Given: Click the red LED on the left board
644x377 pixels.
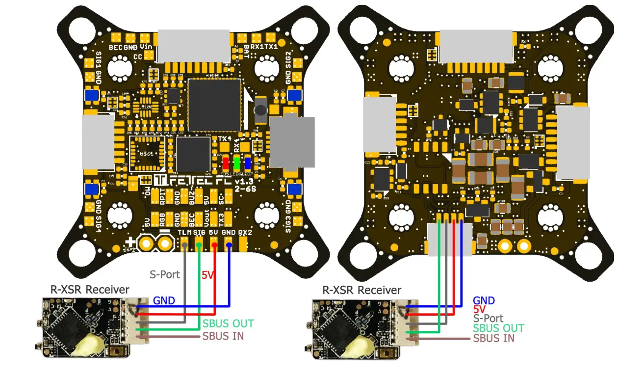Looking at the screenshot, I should click(x=225, y=163).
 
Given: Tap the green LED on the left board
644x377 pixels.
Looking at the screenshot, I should click(x=236, y=163).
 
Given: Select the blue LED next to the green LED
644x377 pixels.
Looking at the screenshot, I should click(x=248, y=163).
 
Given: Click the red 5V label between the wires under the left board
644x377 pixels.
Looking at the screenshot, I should click(x=208, y=275).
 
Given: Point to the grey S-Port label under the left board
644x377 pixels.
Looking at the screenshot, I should click(x=164, y=274).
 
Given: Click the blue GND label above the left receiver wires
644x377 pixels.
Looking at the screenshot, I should click(x=164, y=300).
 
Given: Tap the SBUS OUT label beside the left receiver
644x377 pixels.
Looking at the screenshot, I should click(x=228, y=323).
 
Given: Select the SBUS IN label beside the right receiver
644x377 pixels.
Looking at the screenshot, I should click(x=494, y=338).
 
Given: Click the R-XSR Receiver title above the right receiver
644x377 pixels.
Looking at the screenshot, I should click(x=361, y=290).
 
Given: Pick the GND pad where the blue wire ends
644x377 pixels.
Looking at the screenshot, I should click(x=229, y=243).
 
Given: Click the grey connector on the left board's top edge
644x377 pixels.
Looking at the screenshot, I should click(x=193, y=45).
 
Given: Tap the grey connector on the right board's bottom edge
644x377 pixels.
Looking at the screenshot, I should click(x=449, y=239).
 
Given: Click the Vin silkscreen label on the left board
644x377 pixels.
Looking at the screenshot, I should click(x=146, y=47).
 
